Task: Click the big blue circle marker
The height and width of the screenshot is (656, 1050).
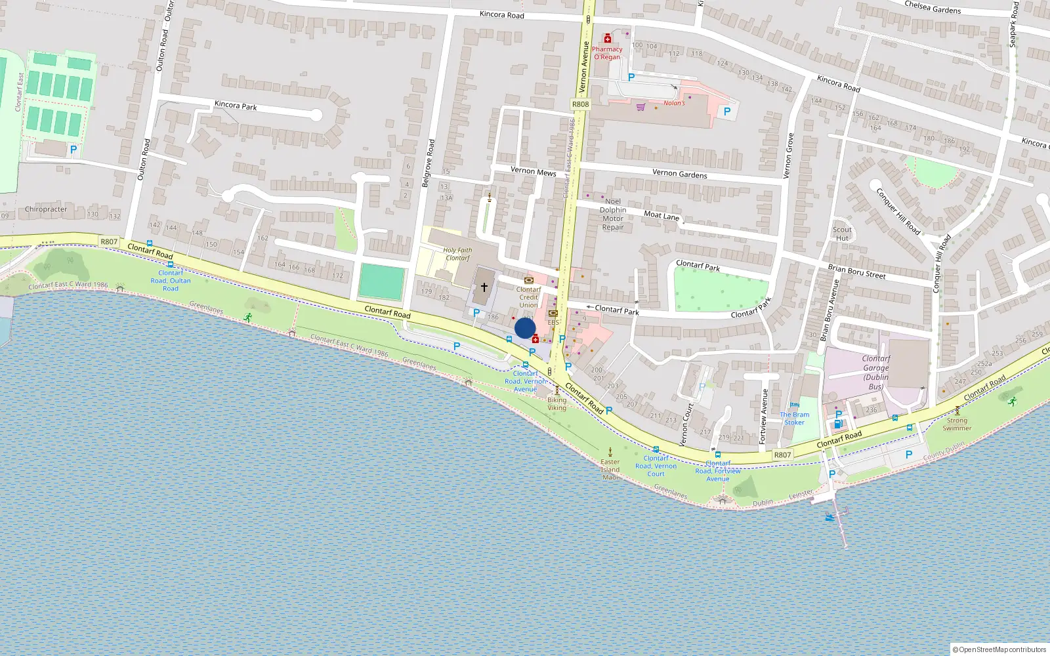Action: tap(525, 328)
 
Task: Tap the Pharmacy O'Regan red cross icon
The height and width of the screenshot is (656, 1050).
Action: tap(608, 39)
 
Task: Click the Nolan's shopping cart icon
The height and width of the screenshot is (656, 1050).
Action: tap(640, 107)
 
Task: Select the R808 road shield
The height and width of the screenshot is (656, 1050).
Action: tap(581, 104)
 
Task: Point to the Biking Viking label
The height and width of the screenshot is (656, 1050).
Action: tap(556, 403)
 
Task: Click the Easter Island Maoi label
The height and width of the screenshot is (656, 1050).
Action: tap(610, 469)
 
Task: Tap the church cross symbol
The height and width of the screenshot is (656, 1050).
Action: tap(484, 287)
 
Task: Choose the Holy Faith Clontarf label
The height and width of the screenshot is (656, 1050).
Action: tap(457, 254)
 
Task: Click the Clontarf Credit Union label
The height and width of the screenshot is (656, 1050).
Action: tap(528, 297)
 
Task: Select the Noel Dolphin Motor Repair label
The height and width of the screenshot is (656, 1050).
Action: tap(613, 215)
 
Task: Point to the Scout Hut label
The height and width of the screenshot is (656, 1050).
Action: tap(842, 234)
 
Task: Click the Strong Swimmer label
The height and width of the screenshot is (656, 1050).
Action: tap(957, 424)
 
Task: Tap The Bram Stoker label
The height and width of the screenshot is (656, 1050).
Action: tap(794, 419)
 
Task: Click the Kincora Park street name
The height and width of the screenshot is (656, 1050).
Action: tap(236, 106)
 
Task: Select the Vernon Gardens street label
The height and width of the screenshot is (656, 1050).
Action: tap(680, 174)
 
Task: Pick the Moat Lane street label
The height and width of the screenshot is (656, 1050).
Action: tap(661, 215)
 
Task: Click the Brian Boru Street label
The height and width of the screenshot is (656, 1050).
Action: tap(856, 272)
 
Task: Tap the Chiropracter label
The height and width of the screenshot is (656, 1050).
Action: tap(46, 209)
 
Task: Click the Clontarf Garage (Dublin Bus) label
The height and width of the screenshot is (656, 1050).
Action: tap(876, 373)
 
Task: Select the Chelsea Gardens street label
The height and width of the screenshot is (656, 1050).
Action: tap(933, 7)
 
